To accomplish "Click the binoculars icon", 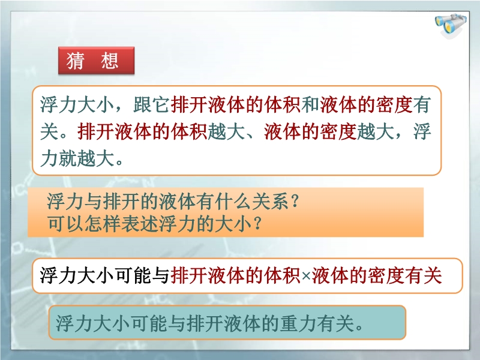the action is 451,26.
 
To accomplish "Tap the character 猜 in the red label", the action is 76,61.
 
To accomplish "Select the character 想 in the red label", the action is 110,61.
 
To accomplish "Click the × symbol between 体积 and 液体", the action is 306,276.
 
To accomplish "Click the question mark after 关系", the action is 295,202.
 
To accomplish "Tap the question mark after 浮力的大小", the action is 258,224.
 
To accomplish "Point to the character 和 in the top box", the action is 310,104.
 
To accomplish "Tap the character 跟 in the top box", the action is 142,104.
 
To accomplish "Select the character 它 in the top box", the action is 161,104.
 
